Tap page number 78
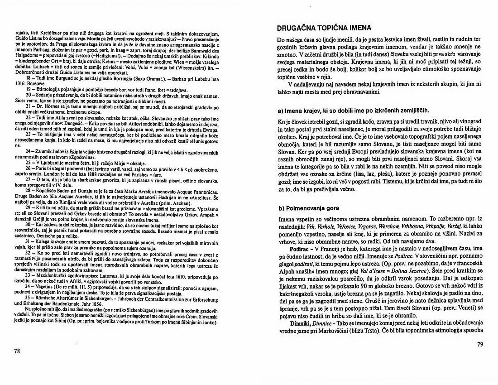coord(17,351)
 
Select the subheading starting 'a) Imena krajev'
coord(353,111)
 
